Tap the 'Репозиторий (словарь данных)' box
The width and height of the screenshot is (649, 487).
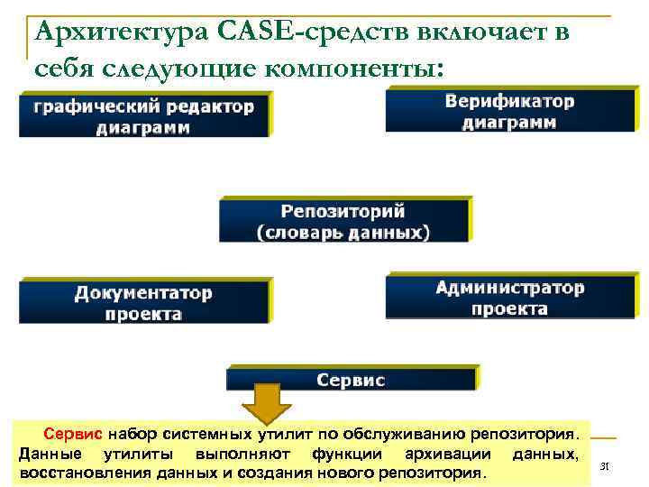pos(343,222)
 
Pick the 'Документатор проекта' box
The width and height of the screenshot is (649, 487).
pos(144,303)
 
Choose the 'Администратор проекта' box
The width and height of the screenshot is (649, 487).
pos(509,298)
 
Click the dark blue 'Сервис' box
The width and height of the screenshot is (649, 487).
pos(352,380)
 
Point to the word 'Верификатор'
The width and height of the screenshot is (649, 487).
pos(509,101)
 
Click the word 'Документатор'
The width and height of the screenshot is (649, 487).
pos(144,293)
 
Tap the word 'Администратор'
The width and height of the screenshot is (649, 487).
pos(509,288)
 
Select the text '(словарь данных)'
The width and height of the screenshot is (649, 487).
pos(343,233)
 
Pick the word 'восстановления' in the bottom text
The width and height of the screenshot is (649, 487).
pos(75,473)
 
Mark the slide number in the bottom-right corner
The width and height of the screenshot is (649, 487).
pos(605,466)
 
